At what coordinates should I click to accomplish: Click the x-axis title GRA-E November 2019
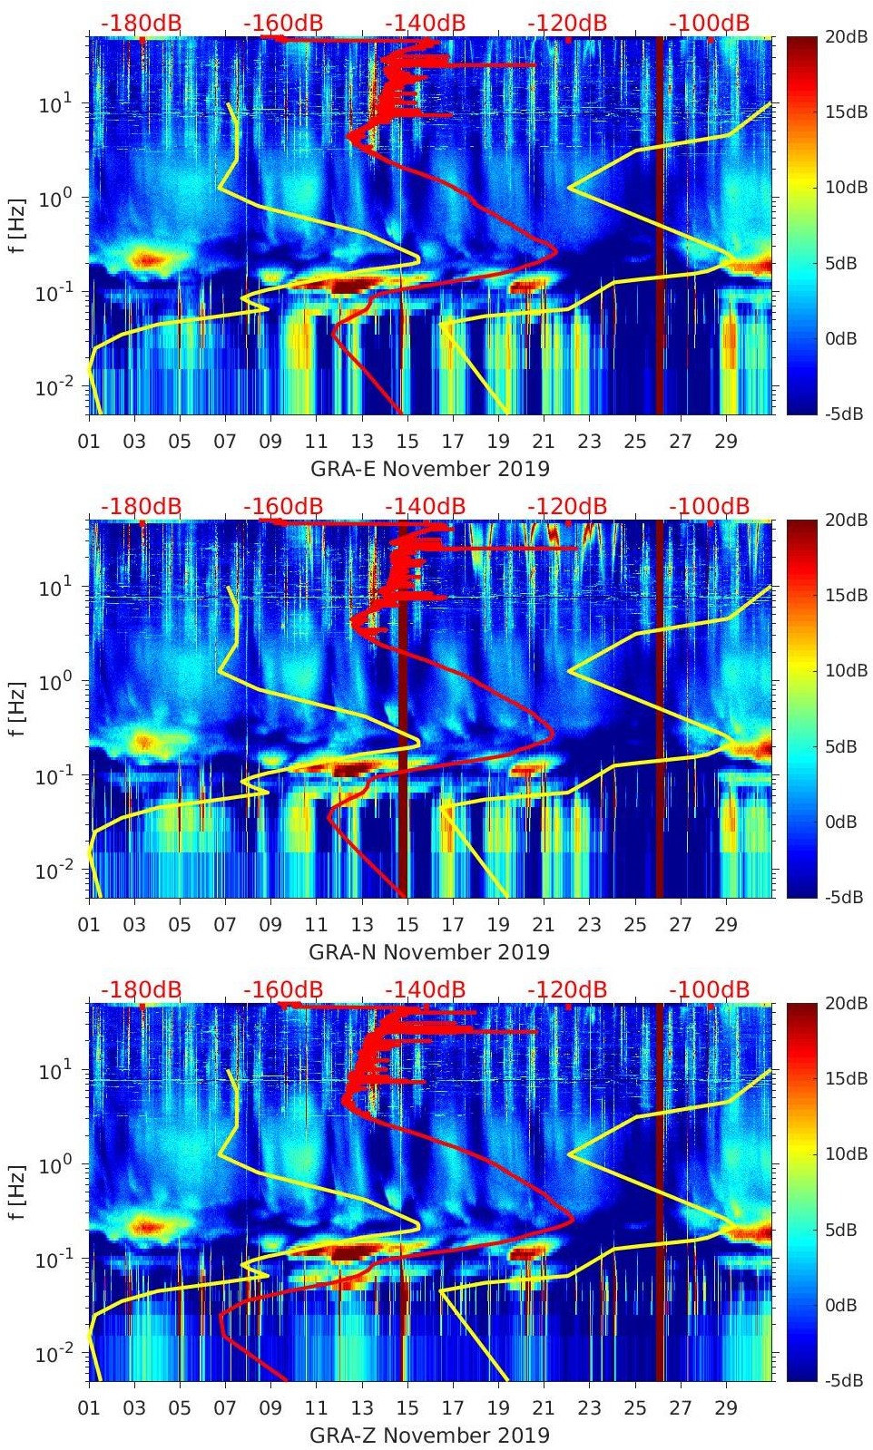(x=430, y=469)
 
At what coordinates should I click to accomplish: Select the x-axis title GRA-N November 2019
(x=430, y=952)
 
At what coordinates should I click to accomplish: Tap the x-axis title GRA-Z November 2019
(x=430, y=1435)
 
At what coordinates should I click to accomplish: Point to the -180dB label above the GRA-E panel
(x=141, y=23)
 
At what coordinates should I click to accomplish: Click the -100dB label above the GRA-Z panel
(x=710, y=989)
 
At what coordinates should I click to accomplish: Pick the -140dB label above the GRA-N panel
(x=425, y=506)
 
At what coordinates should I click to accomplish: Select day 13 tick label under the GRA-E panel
(x=362, y=442)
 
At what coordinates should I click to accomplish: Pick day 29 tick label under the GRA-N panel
(x=726, y=925)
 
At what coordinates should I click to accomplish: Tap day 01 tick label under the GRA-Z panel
(x=89, y=1408)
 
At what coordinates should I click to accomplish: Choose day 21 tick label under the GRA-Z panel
(x=544, y=1408)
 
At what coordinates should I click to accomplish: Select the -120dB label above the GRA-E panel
(x=567, y=23)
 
